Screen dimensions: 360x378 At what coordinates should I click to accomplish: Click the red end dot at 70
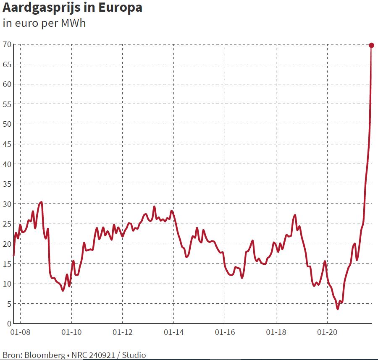pyautogui.click(x=371, y=45)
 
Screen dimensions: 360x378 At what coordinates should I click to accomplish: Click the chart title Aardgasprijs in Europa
pyautogui.click(x=72, y=8)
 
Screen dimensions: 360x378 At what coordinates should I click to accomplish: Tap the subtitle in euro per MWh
pyautogui.click(x=44, y=23)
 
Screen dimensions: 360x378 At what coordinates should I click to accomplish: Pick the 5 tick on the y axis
pyautogui.click(x=8, y=304)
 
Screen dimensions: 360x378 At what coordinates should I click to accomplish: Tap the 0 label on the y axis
pyautogui.click(x=8, y=323)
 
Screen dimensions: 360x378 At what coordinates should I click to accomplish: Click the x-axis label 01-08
pyautogui.click(x=20, y=332)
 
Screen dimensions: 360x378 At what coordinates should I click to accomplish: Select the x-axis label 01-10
pyautogui.click(x=71, y=332)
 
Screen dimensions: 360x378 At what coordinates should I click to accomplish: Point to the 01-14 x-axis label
pyautogui.click(x=173, y=332)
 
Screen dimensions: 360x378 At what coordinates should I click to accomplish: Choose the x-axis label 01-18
pyautogui.click(x=276, y=332)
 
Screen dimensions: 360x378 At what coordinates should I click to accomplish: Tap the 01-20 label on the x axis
pyautogui.click(x=327, y=332)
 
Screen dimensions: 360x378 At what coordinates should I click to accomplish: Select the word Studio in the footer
pyautogui.click(x=134, y=355)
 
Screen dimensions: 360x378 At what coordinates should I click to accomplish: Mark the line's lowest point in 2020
pyautogui.click(x=338, y=309)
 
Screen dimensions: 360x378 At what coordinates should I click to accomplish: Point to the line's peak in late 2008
pyautogui.click(x=41, y=202)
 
